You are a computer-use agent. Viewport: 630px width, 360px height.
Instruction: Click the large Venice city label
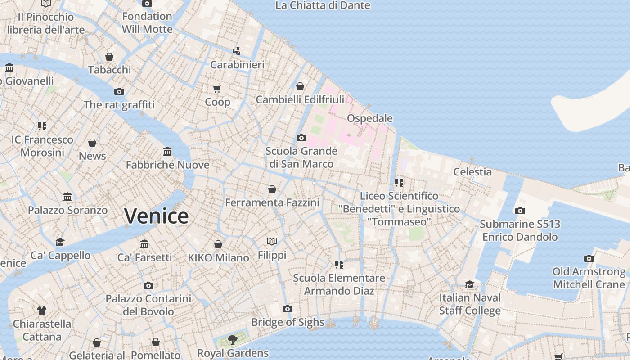pyautogui.click(x=156, y=216)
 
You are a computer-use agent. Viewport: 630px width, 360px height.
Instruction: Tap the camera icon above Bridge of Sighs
pyautogui.click(x=288, y=309)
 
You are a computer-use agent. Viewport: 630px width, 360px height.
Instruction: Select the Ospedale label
pyautogui.click(x=369, y=118)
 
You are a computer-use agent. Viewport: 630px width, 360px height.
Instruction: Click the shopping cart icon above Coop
pyautogui.click(x=217, y=89)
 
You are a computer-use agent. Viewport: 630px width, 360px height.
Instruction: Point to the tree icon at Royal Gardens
pyautogui.click(x=232, y=339)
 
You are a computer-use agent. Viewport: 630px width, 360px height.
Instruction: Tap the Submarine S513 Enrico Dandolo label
pyautogui.click(x=520, y=230)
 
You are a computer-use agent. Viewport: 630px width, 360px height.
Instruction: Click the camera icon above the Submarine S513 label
pyautogui.click(x=520, y=211)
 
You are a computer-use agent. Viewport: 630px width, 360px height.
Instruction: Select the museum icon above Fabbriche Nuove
pyautogui.click(x=167, y=151)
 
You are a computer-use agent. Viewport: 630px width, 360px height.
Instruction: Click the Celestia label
pyautogui.click(x=472, y=171)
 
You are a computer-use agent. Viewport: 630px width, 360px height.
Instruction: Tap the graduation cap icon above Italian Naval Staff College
pyautogui.click(x=469, y=284)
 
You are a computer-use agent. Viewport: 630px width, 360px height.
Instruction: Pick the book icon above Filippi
pyautogui.click(x=271, y=242)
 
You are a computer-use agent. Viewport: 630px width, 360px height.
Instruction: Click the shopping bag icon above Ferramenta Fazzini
pyautogui.click(x=272, y=189)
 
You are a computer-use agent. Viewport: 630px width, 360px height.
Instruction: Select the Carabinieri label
pyautogui.click(x=237, y=65)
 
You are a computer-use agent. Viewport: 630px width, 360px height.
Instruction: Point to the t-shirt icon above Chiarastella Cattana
pyautogui.click(x=42, y=310)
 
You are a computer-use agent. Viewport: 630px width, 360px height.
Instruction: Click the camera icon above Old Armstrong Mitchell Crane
pyautogui.click(x=589, y=258)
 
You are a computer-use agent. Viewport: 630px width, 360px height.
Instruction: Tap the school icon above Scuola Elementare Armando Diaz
pyautogui.click(x=339, y=265)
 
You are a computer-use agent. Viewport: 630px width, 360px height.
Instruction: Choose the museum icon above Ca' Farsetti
pyautogui.click(x=144, y=244)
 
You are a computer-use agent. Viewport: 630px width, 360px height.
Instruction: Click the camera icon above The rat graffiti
pyautogui.click(x=119, y=92)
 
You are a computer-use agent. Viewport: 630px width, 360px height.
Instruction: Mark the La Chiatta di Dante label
pyautogui.click(x=322, y=5)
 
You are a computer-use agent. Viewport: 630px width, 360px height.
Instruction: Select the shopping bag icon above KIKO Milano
pyautogui.click(x=218, y=244)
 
